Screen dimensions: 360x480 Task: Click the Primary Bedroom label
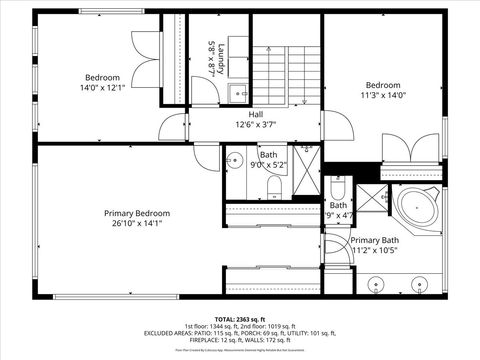[137, 213]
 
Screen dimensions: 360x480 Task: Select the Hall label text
[256, 114]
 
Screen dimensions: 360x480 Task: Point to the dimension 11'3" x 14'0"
[383, 96]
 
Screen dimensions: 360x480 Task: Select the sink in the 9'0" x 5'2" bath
[236, 159]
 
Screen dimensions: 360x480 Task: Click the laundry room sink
[237, 94]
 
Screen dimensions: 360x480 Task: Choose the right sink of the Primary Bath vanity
[418, 284]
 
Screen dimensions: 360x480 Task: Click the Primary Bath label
[375, 240]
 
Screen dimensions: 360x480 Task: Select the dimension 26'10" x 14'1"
[137, 224]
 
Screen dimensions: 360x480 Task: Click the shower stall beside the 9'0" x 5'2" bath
[307, 170]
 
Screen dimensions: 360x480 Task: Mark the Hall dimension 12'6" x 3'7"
[256, 125]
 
